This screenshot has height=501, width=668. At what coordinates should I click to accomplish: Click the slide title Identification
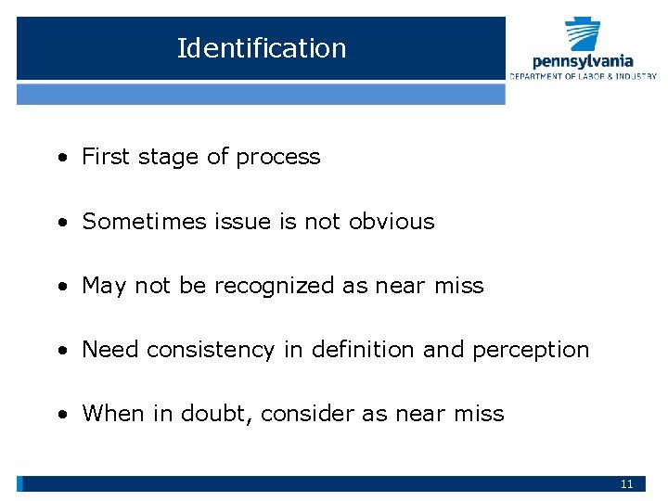pyautogui.click(x=261, y=48)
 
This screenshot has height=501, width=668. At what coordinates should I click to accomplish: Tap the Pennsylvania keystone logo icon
pyautogui.click(x=583, y=35)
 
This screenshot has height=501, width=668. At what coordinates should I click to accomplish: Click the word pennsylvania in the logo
pyautogui.click(x=583, y=61)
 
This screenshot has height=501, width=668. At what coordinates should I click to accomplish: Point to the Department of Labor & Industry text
pyautogui.click(x=583, y=76)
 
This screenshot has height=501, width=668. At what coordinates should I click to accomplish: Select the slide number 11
pyautogui.click(x=626, y=484)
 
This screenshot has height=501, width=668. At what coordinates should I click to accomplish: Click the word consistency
pyautogui.click(x=211, y=350)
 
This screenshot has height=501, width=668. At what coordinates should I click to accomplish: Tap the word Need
pyautogui.click(x=110, y=350)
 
